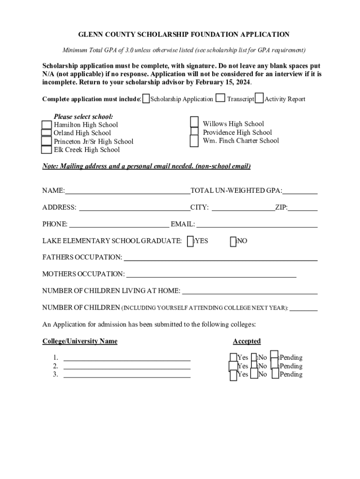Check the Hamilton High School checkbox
tap(46, 124)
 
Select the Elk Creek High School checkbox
tap(46, 150)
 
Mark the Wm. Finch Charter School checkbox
tap(194, 141)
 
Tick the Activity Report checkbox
tap(259, 98)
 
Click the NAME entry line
tap(127, 191)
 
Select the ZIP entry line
tap(302, 208)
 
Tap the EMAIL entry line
tap(257, 225)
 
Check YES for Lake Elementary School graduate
tap(190, 241)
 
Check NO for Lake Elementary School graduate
tap(233, 241)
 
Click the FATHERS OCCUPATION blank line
tap(220, 258)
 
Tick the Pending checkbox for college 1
tap(274, 356)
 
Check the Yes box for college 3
tap(233, 375)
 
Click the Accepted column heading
tap(247, 341)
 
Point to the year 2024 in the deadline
tap(243, 82)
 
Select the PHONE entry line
tap(119, 225)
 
